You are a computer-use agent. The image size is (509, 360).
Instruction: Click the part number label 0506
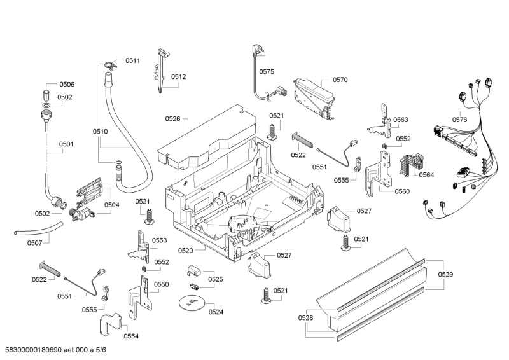[67, 85]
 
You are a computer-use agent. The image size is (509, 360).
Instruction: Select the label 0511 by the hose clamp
[132, 60]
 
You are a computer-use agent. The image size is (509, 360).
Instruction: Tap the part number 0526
[173, 118]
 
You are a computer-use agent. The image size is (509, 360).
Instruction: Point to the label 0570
[340, 80]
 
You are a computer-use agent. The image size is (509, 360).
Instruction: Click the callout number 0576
[459, 120]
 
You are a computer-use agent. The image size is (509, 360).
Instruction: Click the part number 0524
[216, 312]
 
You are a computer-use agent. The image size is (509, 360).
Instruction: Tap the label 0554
[131, 336]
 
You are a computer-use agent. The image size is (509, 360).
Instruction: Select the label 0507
[34, 242]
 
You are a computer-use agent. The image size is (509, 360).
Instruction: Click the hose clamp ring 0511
[109, 62]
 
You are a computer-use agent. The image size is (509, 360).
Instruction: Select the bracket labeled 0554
[109, 325]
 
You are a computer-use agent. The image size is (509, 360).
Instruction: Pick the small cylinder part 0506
[46, 87]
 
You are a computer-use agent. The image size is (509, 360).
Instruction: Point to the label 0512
[178, 77]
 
